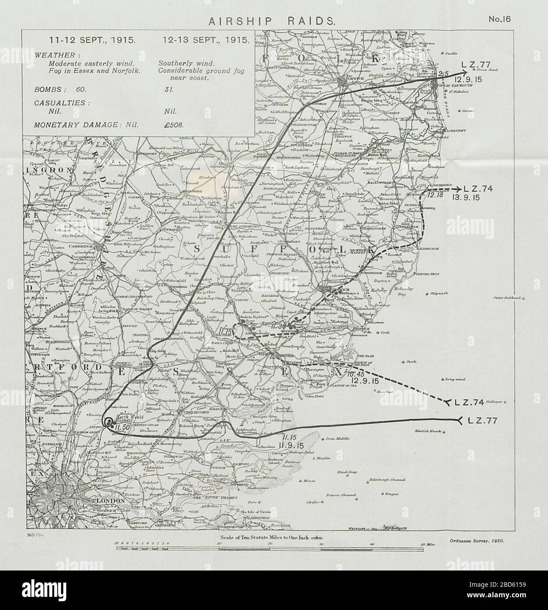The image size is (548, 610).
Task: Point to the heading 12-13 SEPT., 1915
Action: tap(205, 39)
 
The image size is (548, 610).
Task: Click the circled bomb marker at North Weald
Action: tap(108, 422)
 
